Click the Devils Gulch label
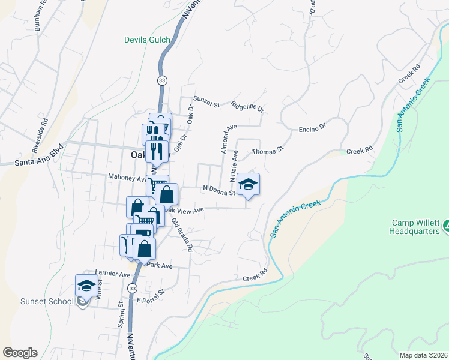tap(147, 40)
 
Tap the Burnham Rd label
tap(40, 20)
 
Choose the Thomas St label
tap(267, 151)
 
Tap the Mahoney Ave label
tap(127, 178)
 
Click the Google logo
tap(20, 353)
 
